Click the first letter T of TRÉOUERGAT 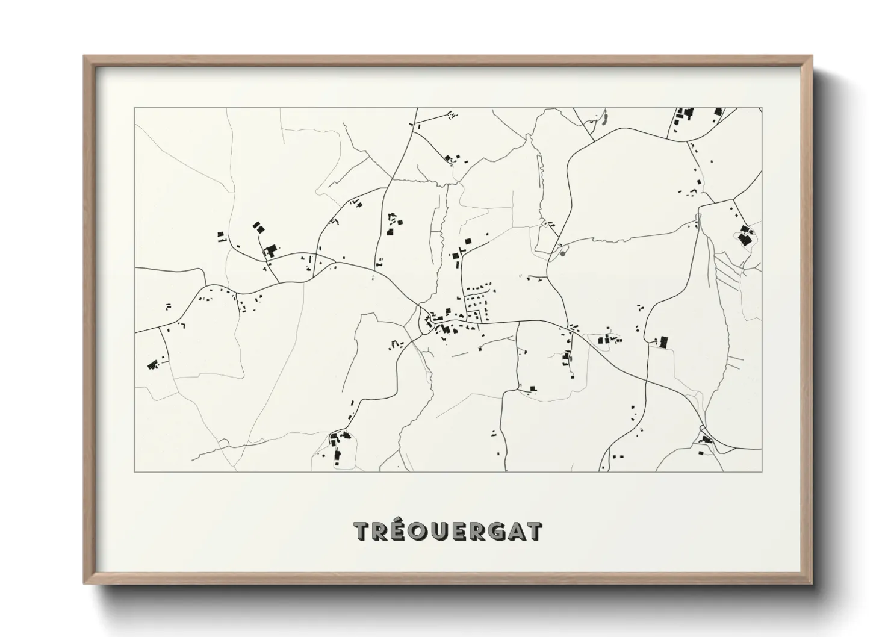362,531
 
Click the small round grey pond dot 563,253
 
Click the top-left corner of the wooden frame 84,56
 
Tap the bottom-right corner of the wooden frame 812,583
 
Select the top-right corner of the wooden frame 812,56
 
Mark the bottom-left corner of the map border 134,471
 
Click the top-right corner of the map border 762,108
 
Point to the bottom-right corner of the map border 762,471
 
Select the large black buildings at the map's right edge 745,235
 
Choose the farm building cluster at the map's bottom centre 338,444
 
